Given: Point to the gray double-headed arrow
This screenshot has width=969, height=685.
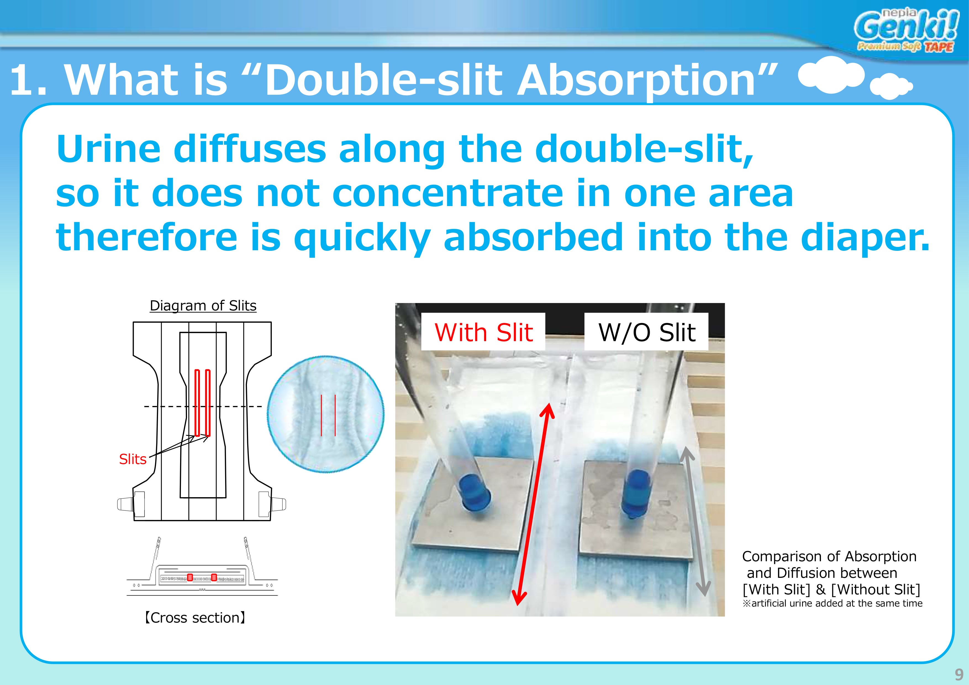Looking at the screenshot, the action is pyautogui.click(x=695, y=521).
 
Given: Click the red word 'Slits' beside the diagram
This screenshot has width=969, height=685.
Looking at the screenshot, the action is pyautogui.click(x=133, y=459).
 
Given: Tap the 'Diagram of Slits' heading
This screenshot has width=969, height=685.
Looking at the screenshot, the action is pyautogui.click(x=203, y=305).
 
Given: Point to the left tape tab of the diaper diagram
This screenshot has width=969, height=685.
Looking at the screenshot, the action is pyautogui.click(x=125, y=504).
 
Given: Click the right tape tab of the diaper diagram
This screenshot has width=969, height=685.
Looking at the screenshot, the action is pyautogui.click(x=278, y=504).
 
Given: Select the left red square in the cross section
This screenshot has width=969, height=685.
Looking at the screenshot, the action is pyautogui.click(x=190, y=577).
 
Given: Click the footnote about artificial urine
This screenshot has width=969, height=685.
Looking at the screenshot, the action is pyautogui.click(x=832, y=604).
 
